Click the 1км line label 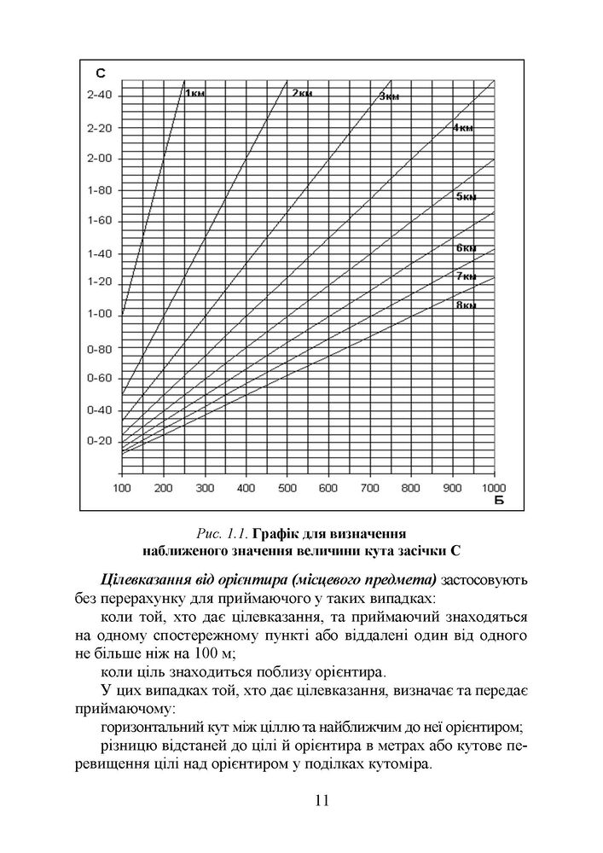click(195, 92)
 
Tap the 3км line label click(389, 97)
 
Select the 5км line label click(465, 197)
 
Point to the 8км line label click(465, 305)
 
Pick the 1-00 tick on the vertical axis click(100, 314)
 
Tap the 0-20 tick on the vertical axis click(100, 441)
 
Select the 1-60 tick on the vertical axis click(100, 221)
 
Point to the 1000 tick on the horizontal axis click(493, 488)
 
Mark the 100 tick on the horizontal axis click(122, 488)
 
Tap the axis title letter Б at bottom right click(499, 500)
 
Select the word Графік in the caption click(279, 534)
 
